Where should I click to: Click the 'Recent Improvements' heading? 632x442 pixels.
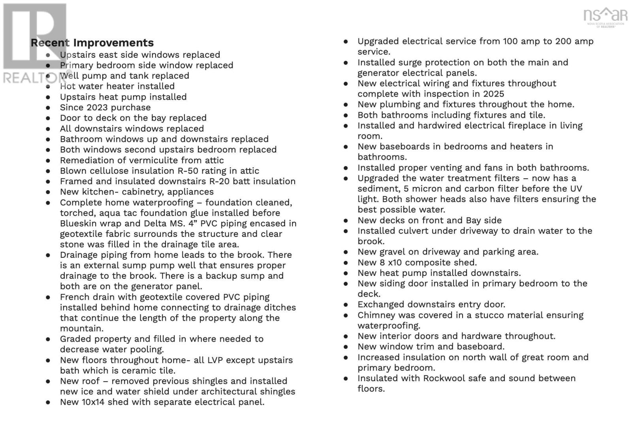click(92, 43)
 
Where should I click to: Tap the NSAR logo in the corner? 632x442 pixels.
click(605, 17)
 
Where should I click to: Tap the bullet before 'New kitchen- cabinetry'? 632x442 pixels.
click(48, 192)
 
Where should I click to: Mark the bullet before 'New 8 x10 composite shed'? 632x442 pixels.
click(346, 263)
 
